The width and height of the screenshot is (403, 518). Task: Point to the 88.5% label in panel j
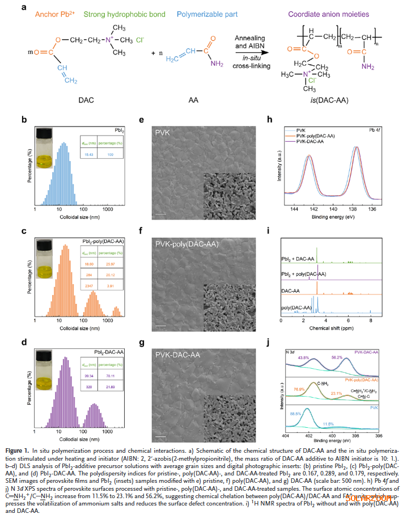pos(295,415)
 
